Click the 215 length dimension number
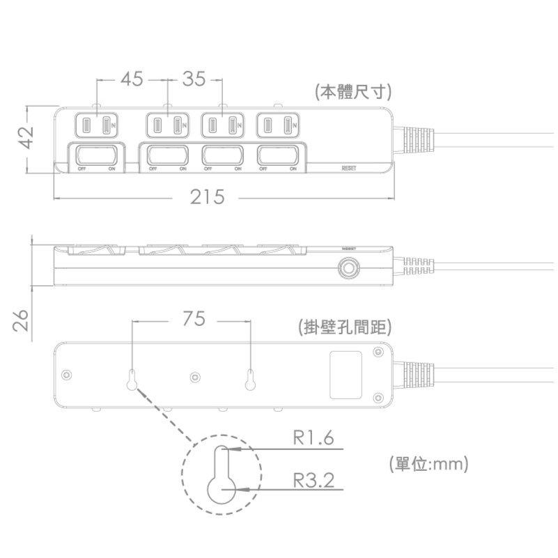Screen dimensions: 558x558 click(x=208, y=198)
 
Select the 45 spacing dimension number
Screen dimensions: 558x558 click(x=132, y=79)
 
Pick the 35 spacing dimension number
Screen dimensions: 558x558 click(x=194, y=79)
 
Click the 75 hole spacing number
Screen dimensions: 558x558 click(x=194, y=318)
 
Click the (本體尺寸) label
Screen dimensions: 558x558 click(x=352, y=92)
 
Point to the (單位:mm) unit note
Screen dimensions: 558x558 click(x=428, y=463)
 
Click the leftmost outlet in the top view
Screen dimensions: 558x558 click(x=96, y=125)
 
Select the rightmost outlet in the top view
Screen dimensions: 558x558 click(x=277, y=125)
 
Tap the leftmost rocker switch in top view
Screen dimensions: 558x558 click(x=97, y=155)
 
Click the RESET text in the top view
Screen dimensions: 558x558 click(x=350, y=168)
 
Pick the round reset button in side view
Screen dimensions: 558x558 click(x=348, y=268)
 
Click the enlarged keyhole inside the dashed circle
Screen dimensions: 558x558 click(x=221, y=477)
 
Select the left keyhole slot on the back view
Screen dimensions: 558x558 click(x=132, y=380)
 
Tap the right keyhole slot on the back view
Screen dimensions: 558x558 click(x=250, y=380)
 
